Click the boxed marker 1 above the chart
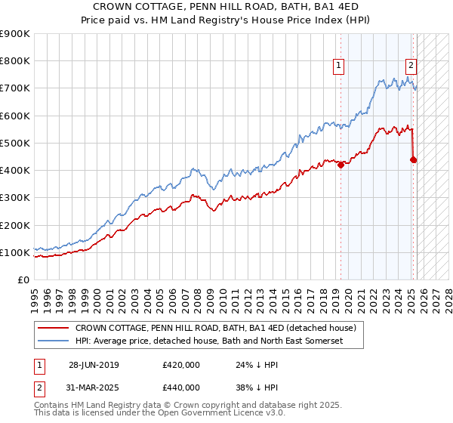click(x=340, y=66)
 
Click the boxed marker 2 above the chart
click(x=411, y=66)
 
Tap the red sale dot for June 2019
click(x=341, y=165)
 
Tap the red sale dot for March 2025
click(x=413, y=159)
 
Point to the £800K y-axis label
click(x=15, y=61)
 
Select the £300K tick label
click(x=15, y=198)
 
